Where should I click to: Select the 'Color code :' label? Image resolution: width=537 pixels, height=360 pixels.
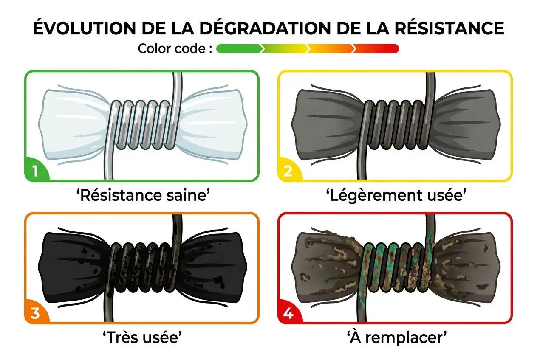click(175, 49)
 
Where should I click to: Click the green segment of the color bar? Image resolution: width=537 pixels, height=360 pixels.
click(238, 49)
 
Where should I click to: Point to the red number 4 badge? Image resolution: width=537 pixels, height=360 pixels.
click(288, 314)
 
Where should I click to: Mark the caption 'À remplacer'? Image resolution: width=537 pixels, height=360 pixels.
click(396, 338)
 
